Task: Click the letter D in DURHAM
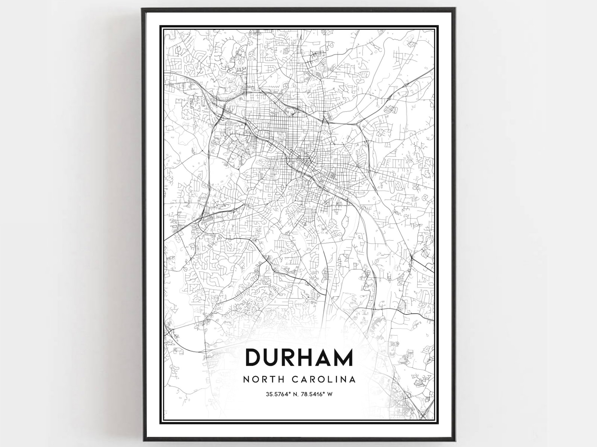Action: (253, 358)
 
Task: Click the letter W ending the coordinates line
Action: (331, 394)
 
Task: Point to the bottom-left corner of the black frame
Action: (143, 440)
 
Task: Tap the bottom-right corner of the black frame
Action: (456, 440)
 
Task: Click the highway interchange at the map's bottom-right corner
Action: (424, 415)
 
